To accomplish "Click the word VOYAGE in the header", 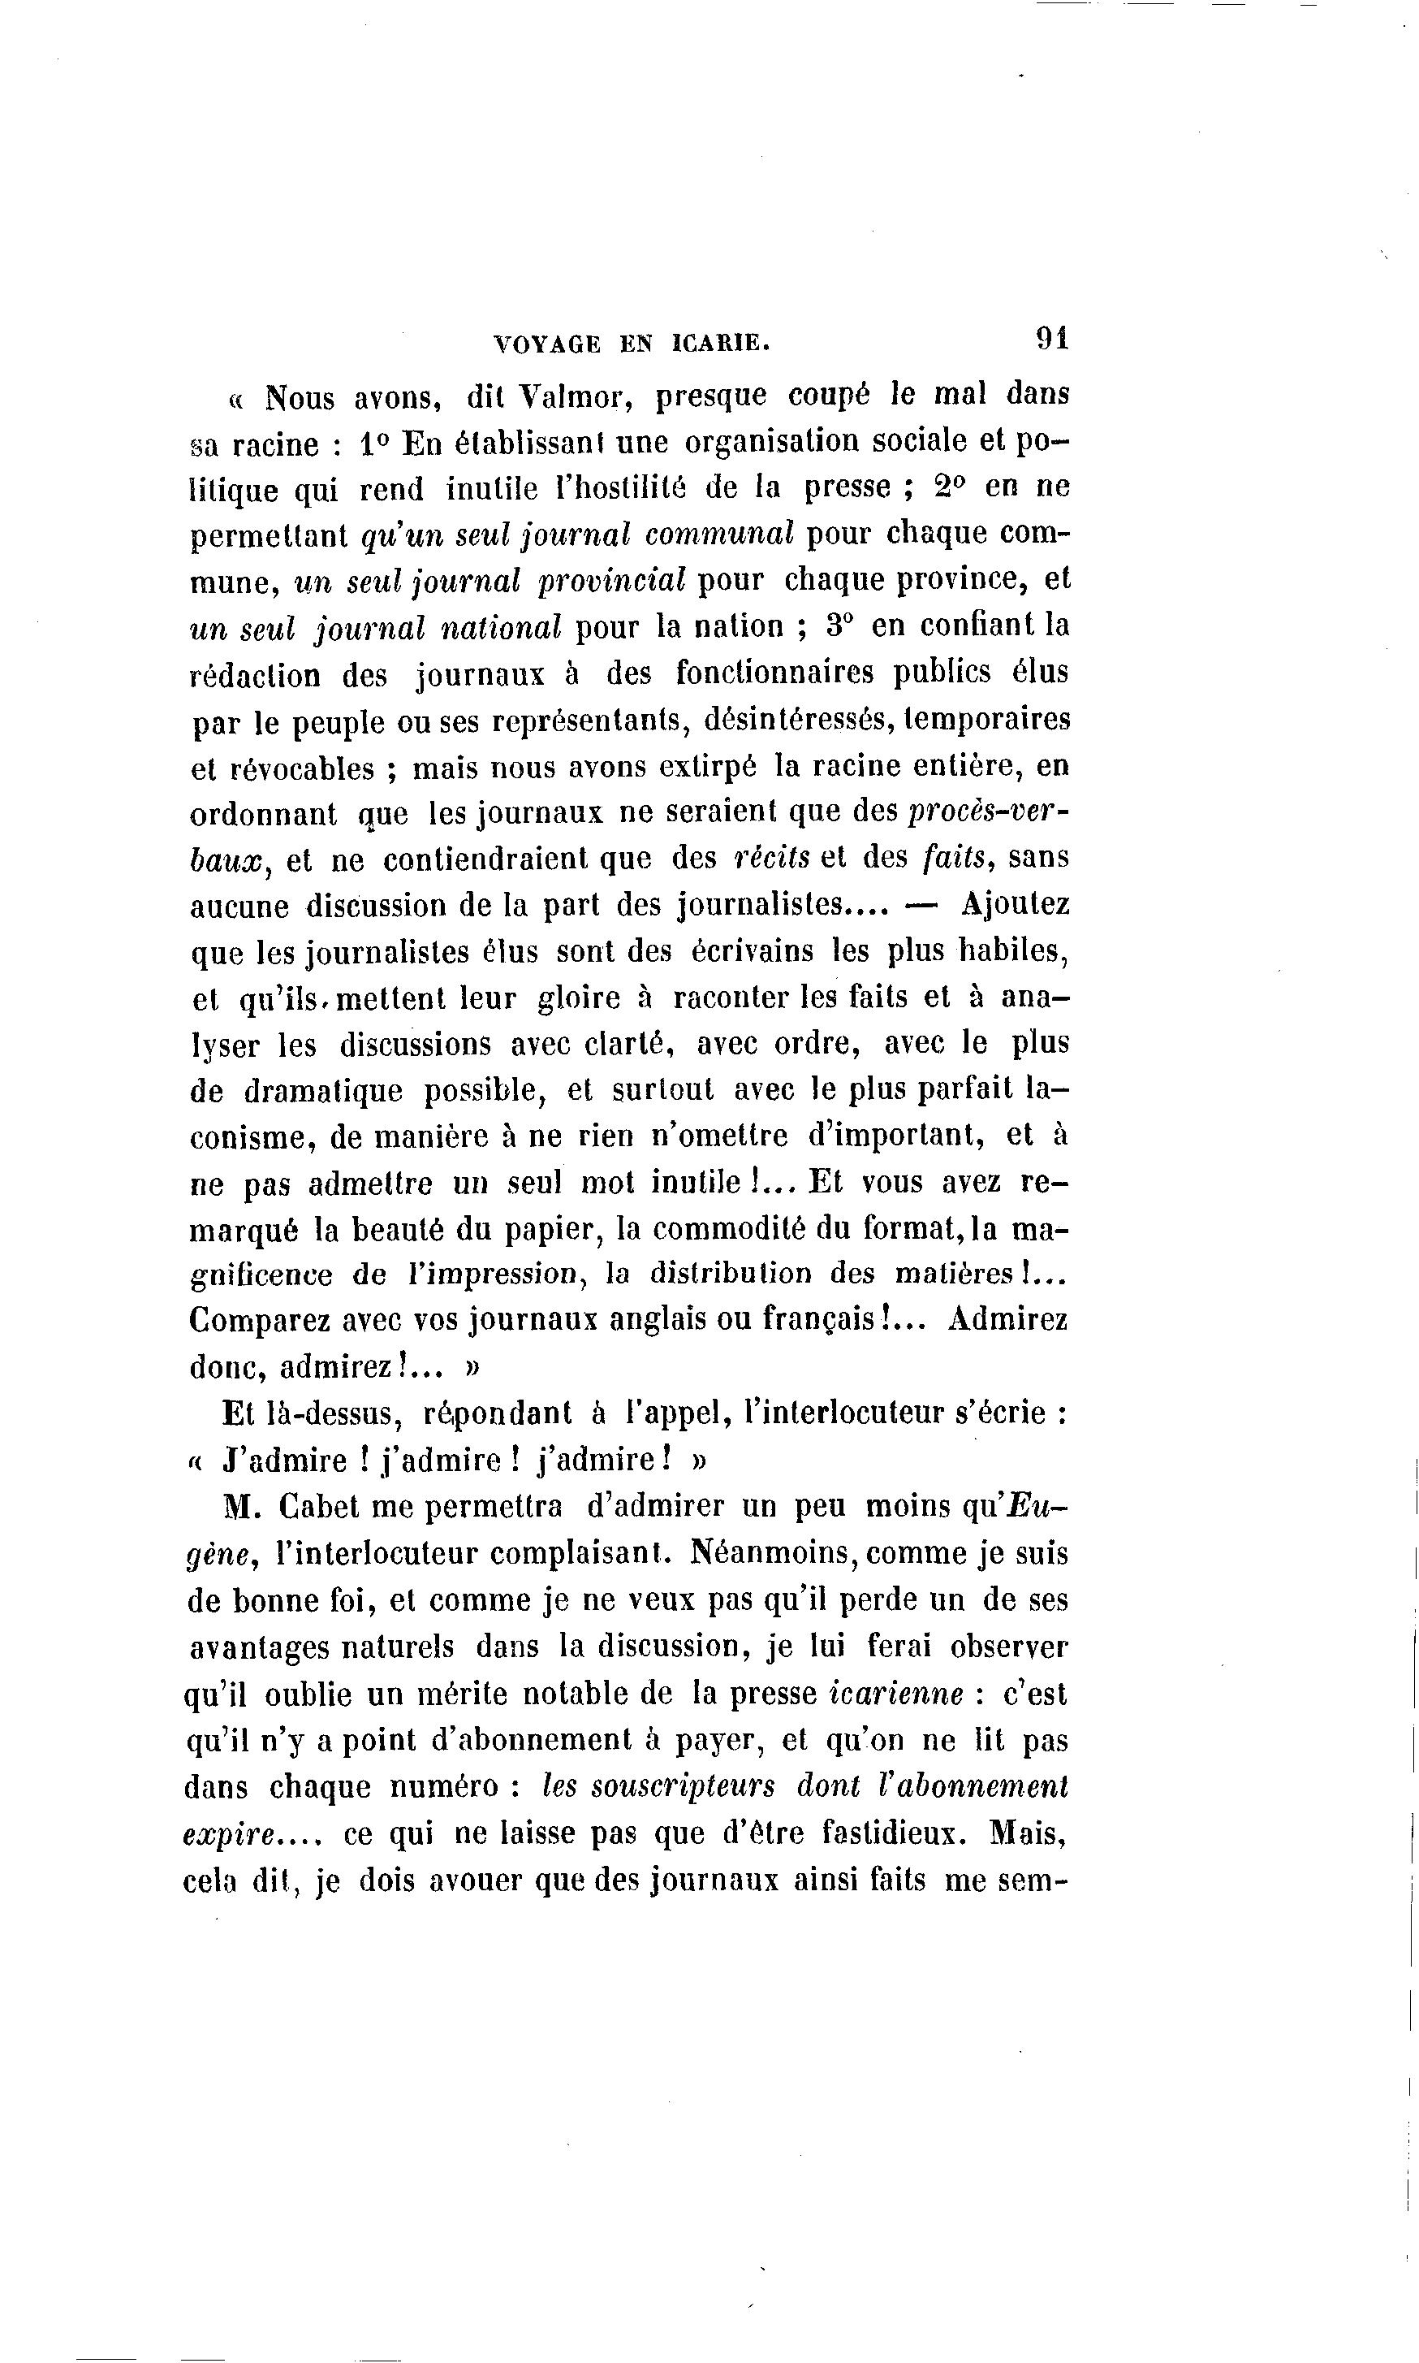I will coord(547,344).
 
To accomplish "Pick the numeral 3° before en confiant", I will coord(839,625).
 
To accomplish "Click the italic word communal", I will coord(720,534).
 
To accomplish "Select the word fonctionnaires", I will coord(775,673).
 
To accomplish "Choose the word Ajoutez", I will coord(1016,904).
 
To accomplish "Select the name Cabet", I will coord(321,1507).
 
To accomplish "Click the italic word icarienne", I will coord(896,1694).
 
